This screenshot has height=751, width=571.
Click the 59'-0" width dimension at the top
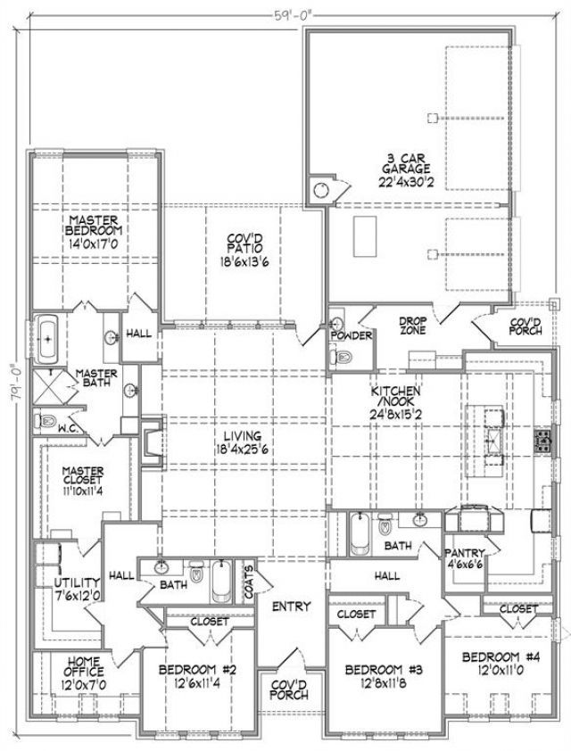tap(294, 14)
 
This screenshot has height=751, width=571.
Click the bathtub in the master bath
tap(47, 339)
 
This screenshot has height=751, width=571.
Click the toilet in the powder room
tap(341, 357)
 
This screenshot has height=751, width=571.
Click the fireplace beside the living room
tap(152, 442)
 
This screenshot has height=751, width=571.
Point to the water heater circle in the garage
tap(321, 190)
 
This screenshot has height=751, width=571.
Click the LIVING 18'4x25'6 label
tap(244, 442)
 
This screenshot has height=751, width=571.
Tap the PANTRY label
tap(465, 553)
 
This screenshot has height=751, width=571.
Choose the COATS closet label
tap(249, 582)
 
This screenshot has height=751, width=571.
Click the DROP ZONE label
tap(412, 326)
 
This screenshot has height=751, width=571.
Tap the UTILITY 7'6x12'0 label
tap(77, 589)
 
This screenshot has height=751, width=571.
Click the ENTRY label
tap(291, 607)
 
